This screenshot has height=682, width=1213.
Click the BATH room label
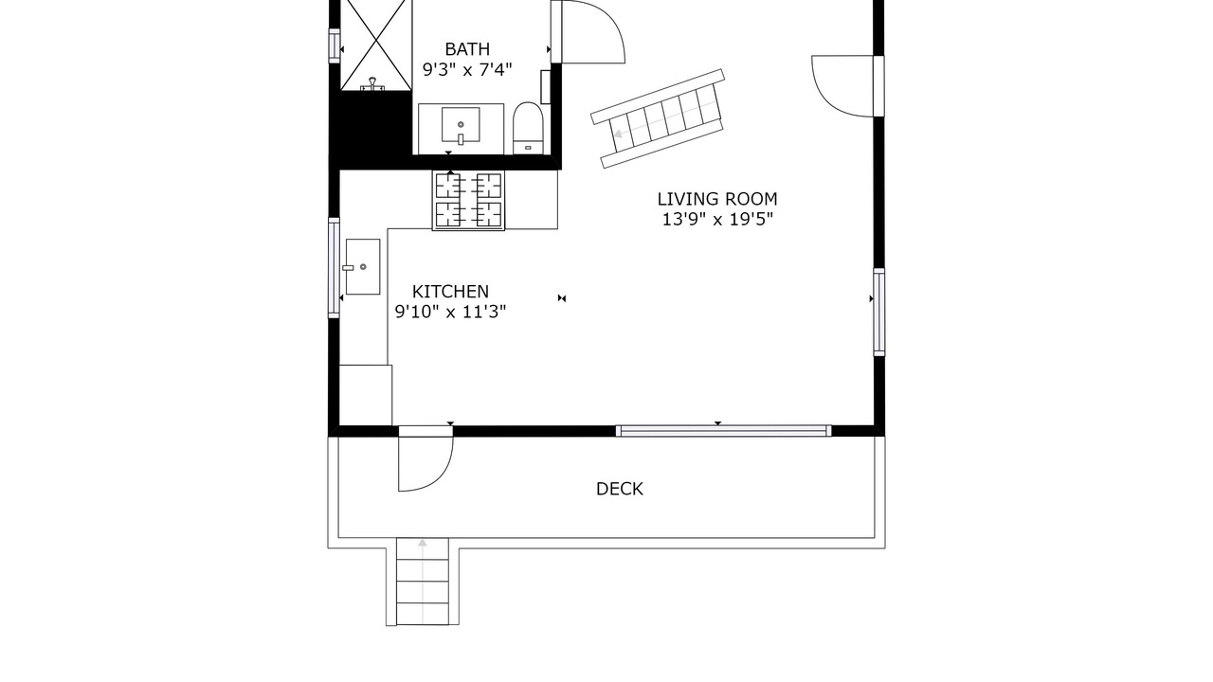pos(467,49)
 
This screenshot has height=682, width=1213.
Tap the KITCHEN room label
pos(450,292)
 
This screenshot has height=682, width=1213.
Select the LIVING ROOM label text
pos(717,199)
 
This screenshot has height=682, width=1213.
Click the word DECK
pos(620,489)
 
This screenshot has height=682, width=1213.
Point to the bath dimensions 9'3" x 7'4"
pos(467,70)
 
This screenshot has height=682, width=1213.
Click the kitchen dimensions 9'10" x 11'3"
pos(450,312)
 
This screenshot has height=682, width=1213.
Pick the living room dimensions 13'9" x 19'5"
pos(717,219)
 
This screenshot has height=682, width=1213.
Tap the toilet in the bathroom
pos(528,128)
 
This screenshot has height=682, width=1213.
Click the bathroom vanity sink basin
pos(461,124)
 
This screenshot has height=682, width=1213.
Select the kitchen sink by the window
pos(363,267)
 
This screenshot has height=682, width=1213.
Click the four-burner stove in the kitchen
pos(468,200)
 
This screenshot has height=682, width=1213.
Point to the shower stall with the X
pos(376,45)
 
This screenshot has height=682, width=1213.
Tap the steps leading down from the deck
pos(423,582)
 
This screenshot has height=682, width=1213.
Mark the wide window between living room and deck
pos(723,431)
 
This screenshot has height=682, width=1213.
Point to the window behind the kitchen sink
pos(335,268)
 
